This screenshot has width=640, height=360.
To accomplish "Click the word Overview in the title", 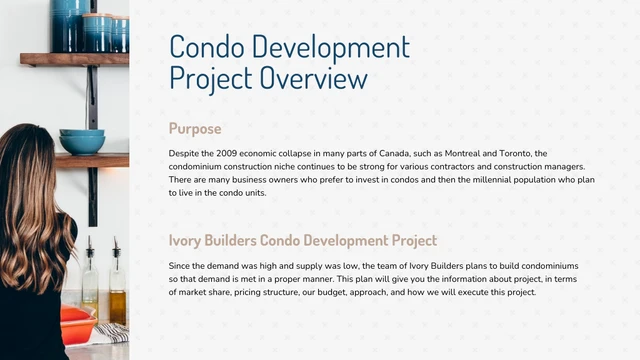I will [313, 77].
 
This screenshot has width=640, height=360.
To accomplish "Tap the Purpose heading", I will [195, 129].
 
